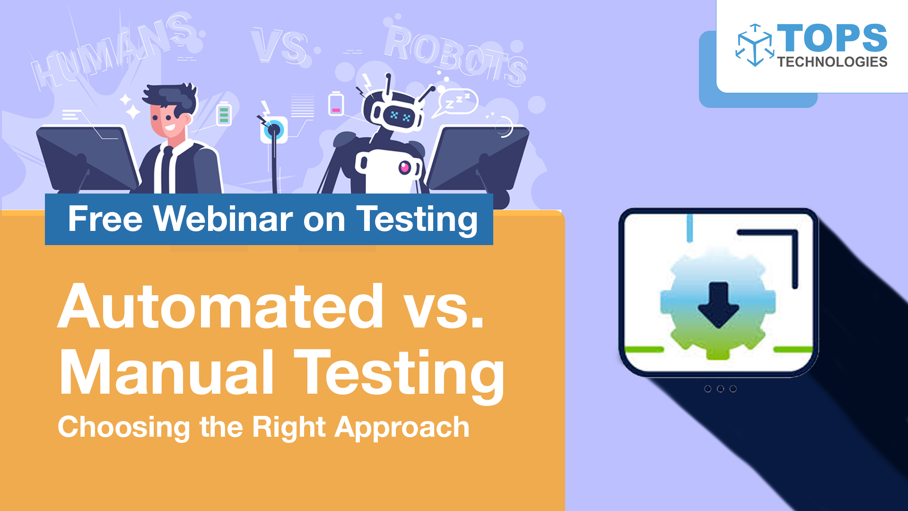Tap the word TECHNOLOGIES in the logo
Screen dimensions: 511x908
832,62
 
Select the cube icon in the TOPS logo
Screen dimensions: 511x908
755,45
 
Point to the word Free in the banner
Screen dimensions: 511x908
105,219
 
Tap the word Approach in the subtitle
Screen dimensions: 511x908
402,427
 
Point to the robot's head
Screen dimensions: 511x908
395,112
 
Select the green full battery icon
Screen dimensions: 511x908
224,114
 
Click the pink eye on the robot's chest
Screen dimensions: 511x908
404,167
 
